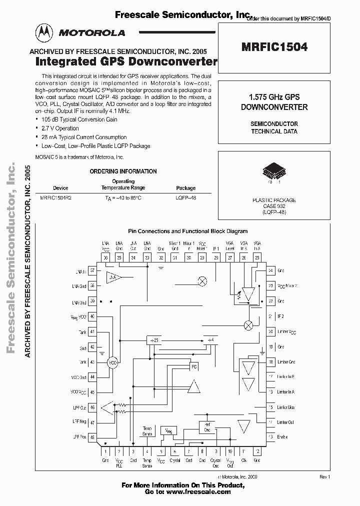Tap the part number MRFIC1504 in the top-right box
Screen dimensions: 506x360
pyautogui.click(x=275, y=48)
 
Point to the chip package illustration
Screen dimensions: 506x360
pyautogui.click(x=274, y=171)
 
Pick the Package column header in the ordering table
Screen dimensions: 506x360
pyautogui.click(x=186, y=188)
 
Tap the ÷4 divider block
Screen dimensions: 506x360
pyautogui.click(x=211, y=340)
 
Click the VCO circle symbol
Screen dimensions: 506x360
pyautogui.click(x=113, y=362)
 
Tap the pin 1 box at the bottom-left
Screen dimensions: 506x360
pyautogui.click(x=105, y=451)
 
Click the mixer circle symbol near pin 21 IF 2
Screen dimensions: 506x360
pyautogui.click(x=247, y=325)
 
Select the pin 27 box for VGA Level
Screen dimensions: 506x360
pyautogui.click(x=229, y=257)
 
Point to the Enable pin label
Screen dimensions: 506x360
pyautogui.click(x=282, y=437)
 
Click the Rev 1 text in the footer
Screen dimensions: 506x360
pyautogui.click(x=325, y=477)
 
